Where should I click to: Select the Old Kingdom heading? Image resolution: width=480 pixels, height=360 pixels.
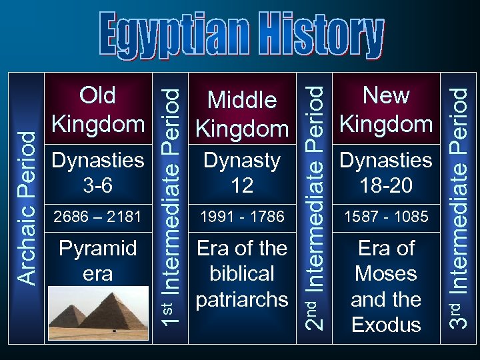point(97,109)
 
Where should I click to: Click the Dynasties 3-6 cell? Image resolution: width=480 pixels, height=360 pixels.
point(97,172)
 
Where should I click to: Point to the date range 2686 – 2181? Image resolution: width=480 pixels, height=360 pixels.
point(97,217)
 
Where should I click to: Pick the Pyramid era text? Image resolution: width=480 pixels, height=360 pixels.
point(97,261)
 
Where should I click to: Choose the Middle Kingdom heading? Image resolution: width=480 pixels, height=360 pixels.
point(242,113)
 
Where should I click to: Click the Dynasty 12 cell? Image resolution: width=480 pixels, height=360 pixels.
point(242,172)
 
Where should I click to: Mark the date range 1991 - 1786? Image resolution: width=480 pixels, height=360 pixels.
point(242,217)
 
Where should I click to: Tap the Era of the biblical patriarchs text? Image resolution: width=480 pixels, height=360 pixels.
point(242,273)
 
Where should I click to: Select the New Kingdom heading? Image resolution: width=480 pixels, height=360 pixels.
point(386,109)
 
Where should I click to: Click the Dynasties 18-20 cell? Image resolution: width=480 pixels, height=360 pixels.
point(386,172)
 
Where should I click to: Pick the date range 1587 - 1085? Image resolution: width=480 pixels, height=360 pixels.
point(386,217)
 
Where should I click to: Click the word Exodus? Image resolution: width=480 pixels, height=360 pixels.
point(386,325)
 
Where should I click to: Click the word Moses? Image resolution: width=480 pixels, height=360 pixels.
point(386,273)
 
